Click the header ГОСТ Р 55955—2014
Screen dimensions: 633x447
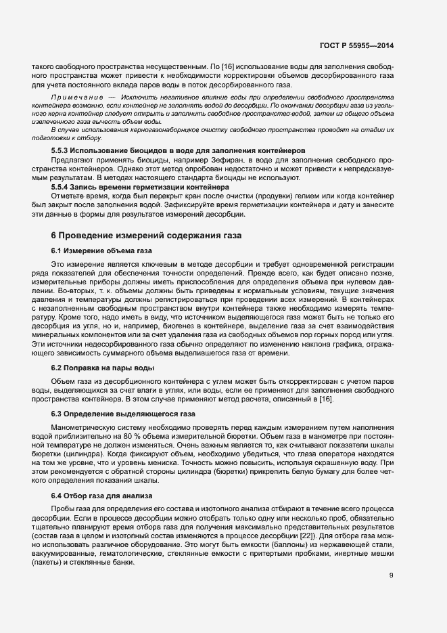(x=357, y=46)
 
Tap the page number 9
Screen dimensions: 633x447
(x=392, y=575)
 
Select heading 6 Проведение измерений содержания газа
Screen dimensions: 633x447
(x=142, y=236)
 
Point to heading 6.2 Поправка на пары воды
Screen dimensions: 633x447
(x=103, y=367)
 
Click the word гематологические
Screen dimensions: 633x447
(x=126, y=553)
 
